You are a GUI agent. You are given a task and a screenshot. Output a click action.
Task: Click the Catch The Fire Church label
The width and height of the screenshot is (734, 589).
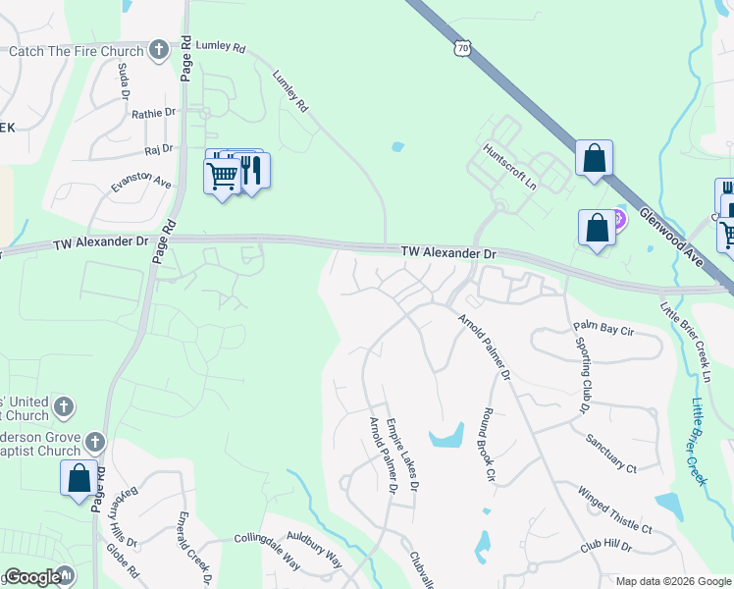coord(77,51)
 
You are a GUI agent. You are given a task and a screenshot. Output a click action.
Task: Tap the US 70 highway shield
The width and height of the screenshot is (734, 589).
coord(464,48)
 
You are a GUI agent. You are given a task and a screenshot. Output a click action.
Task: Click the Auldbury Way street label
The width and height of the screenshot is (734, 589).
coord(314,550)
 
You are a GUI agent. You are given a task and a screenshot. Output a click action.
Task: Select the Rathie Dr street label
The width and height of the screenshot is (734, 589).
coord(154,114)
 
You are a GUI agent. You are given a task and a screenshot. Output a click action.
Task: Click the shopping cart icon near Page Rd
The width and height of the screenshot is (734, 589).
coord(223,177)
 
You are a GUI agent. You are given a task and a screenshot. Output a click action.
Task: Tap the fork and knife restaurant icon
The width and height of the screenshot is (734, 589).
coord(252,171)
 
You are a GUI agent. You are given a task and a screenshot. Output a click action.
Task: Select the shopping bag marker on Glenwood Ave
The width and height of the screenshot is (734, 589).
coord(594,158)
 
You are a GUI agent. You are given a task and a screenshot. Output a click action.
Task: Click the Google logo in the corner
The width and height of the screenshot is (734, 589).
coord(32,578)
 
